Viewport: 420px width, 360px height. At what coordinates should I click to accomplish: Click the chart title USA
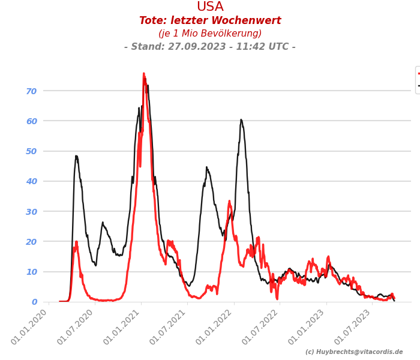pyautogui.click(x=210, y=7)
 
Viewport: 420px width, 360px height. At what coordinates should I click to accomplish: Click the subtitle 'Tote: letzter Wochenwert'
pyautogui.click(x=210, y=21)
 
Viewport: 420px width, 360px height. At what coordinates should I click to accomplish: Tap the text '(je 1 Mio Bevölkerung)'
pyautogui.click(x=210, y=34)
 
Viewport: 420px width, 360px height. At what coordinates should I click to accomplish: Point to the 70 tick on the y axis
pyautogui.click(x=31, y=91)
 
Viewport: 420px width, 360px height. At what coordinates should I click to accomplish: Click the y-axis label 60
pyautogui.click(x=31, y=121)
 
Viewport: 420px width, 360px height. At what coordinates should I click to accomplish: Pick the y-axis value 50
pyautogui.click(x=31, y=151)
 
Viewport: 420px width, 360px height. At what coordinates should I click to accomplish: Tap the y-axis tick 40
pyautogui.click(x=31, y=181)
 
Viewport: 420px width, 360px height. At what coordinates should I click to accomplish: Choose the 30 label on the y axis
pyautogui.click(x=31, y=211)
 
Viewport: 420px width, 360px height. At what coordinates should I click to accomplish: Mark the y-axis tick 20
pyautogui.click(x=31, y=242)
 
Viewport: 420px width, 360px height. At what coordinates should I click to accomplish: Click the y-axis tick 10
pyautogui.click(x=31, y=272)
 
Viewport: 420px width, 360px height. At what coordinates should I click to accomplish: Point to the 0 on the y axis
pyautogui.click(x=34, y=302)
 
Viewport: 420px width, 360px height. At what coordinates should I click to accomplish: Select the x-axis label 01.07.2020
pyautogui.click(x=76, y=327)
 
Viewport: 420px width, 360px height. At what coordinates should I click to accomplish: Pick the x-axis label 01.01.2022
pyautogui.click(x=215, y=327)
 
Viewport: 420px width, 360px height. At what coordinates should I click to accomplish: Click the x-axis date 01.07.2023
pyautogui.click(x=355, y=327)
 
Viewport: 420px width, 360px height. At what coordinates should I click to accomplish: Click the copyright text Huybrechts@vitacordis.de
pyautogui.click(x=354, y=352)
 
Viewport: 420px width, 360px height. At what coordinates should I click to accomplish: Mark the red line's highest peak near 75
pyautogui.click(x=143, y=74)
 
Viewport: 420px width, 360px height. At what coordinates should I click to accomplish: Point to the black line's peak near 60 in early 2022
pyautogui.click(x=241, y=120)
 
